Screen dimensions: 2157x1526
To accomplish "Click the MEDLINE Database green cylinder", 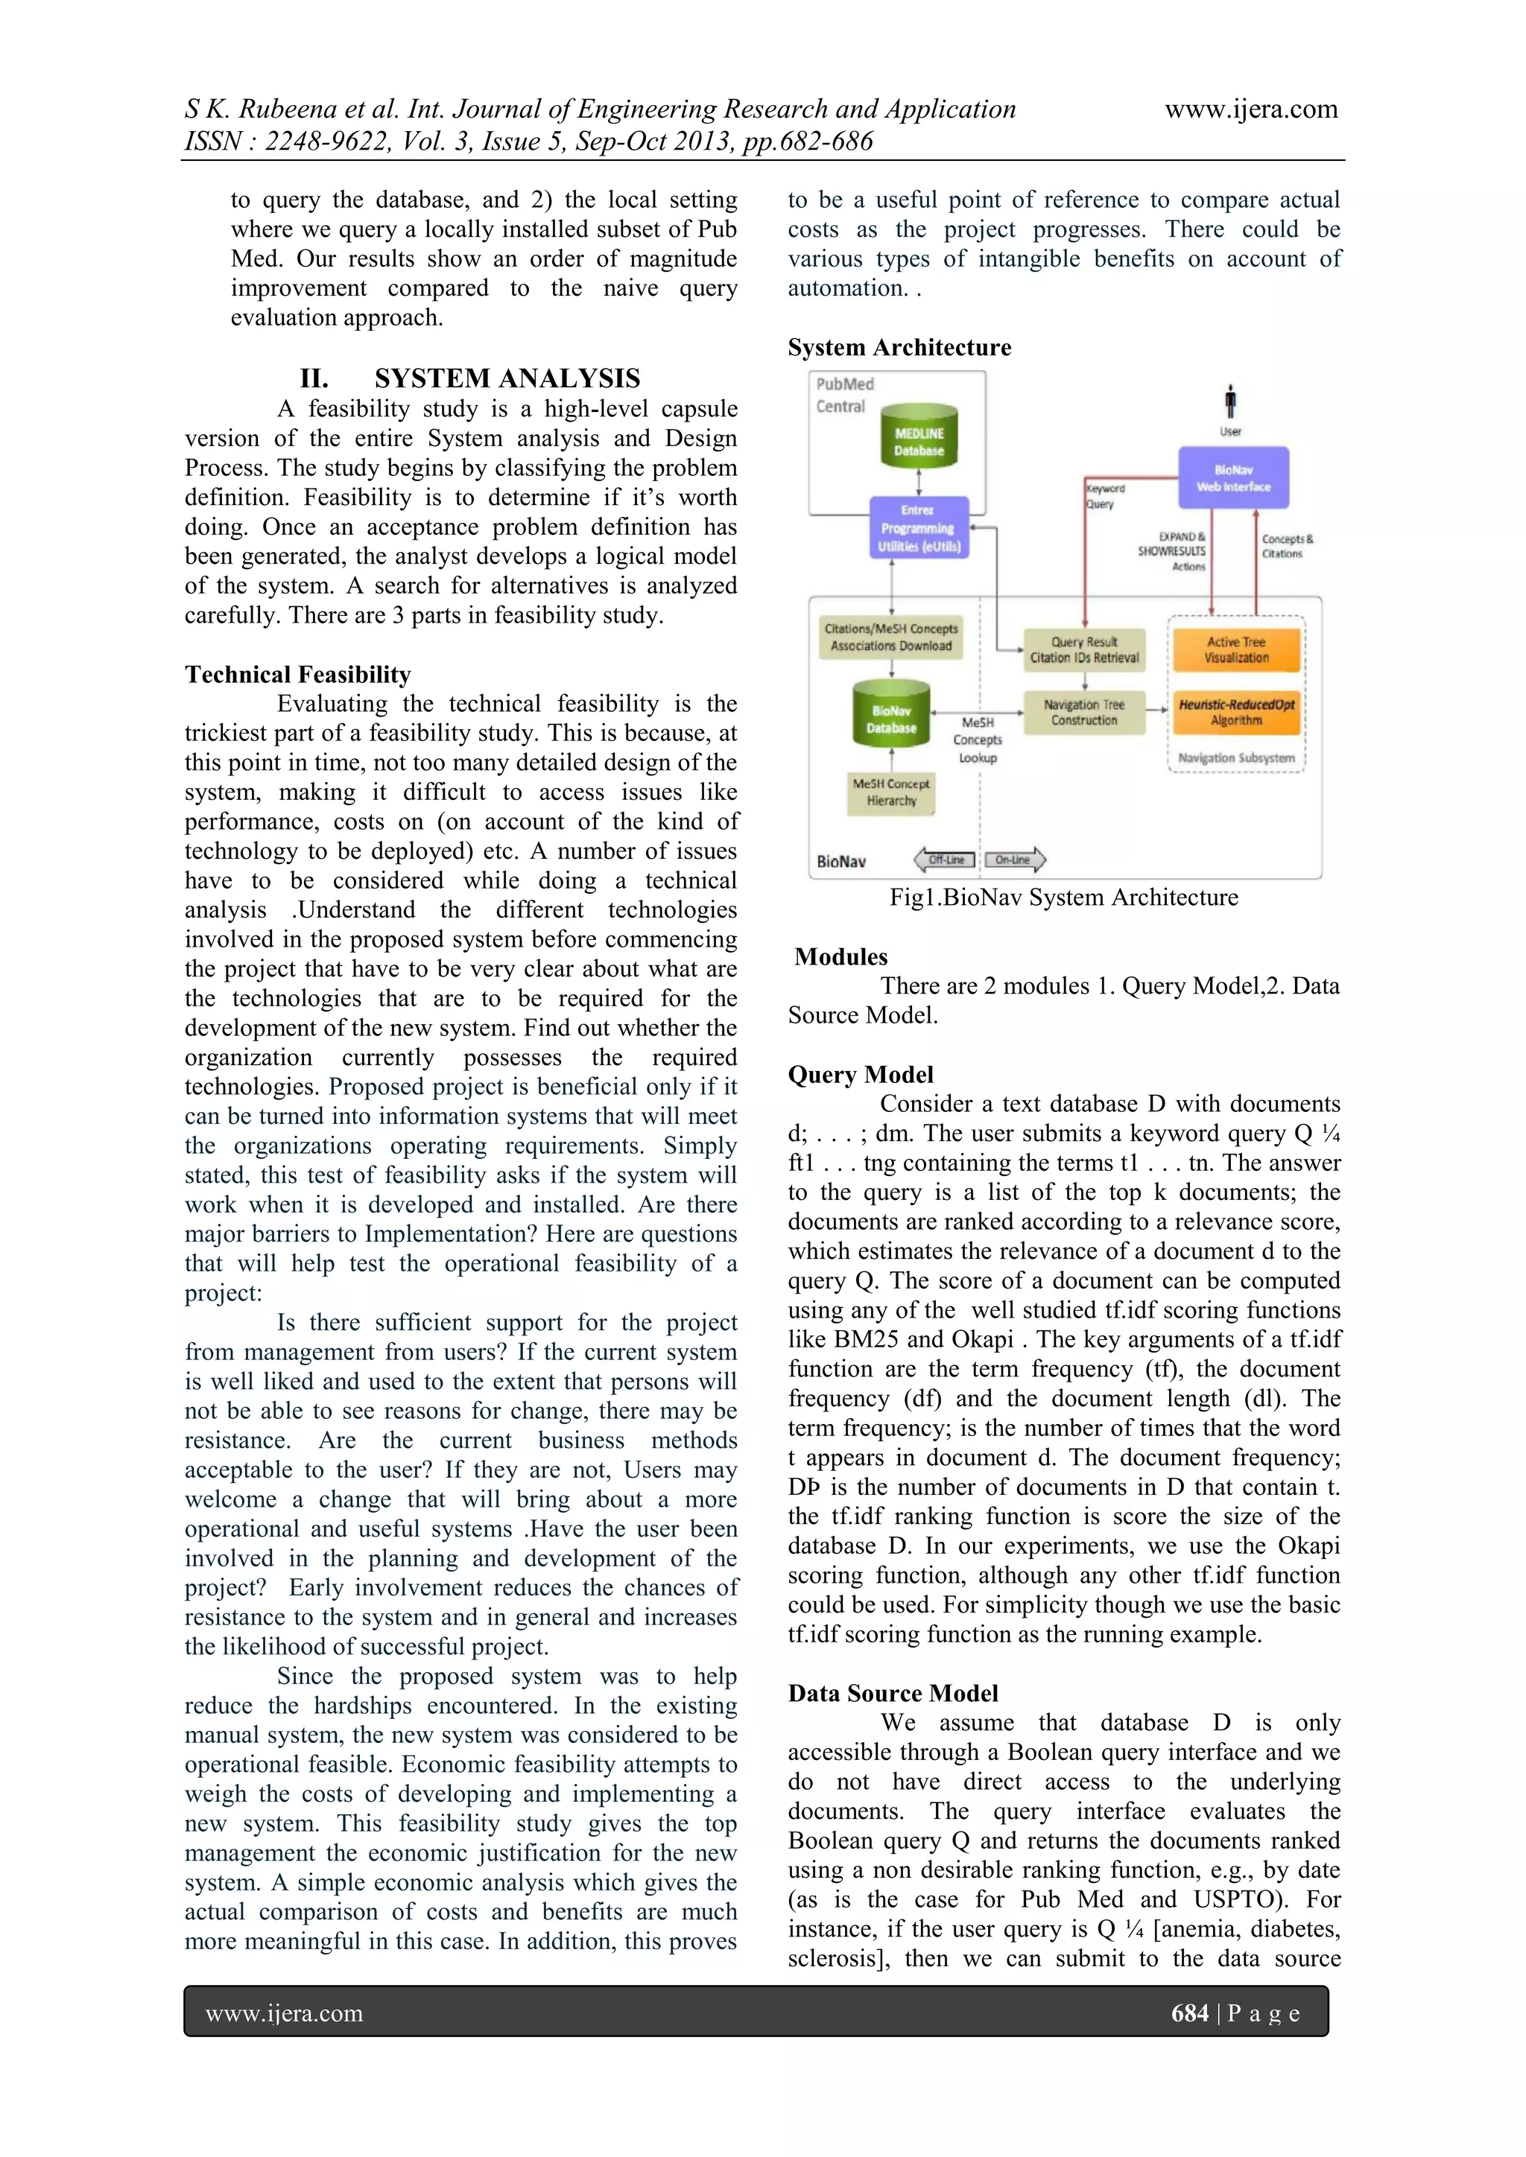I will click(x=919, y=438).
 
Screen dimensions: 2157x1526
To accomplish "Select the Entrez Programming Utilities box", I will click(x=919, y=528).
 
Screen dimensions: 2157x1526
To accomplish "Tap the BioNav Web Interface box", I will click(x=1233, y=478).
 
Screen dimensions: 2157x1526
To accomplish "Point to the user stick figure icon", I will click(x=1230, y=402).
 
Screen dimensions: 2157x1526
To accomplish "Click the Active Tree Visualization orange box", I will click(x=1237, y=650).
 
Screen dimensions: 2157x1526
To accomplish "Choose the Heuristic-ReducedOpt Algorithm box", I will click(x=1237, y=712).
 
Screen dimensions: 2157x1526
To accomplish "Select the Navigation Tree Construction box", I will click(x=1083, y=712).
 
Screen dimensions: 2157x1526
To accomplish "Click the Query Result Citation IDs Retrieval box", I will click(x=1083, y=650).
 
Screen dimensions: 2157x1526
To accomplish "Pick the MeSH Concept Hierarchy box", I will click(x=891, y=792).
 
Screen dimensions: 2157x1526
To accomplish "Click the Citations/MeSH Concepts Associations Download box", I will click(x=891, y=637).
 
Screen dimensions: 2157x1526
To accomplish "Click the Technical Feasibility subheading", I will click(x=298, y=675).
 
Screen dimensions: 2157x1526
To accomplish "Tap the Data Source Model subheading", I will click(x=893, y=1693).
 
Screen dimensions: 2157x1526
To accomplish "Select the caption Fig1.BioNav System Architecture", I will click(x=1064, y=898).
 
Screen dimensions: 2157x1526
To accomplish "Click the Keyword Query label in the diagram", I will click(x=1105, y=496).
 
